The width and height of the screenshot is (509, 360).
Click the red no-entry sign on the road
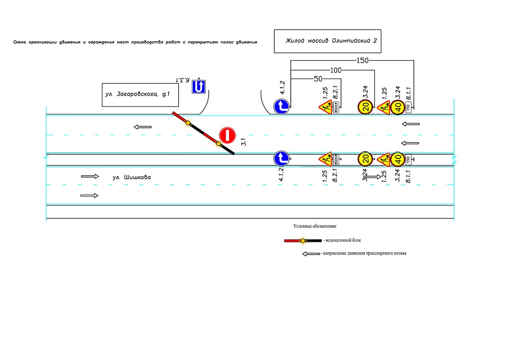(x=227, y=135)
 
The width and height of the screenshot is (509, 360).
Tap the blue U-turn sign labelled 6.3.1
(x=198, y=88)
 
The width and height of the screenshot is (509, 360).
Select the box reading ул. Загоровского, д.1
(x=140, y=94)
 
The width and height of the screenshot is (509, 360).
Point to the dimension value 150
(x=362, y=61)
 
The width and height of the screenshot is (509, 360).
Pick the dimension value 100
(x=336, y=70)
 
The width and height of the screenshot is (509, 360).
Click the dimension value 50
(x=318, y=79)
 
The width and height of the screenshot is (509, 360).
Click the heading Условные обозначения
(x=315, y=226)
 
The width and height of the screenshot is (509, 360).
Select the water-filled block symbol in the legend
(x=302, y=239)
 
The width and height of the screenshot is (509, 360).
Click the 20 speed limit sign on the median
(x=365, y=159)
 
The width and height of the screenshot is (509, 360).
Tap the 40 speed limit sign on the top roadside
(x=398, y=107)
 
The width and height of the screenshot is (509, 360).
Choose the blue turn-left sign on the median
(x=281, y=159)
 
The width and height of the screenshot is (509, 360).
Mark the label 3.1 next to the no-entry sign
(x=244, y=142)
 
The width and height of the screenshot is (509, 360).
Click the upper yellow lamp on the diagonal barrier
(x=188, y=123)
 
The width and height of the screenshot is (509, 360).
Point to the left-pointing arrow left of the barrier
(x=143, y=127)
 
